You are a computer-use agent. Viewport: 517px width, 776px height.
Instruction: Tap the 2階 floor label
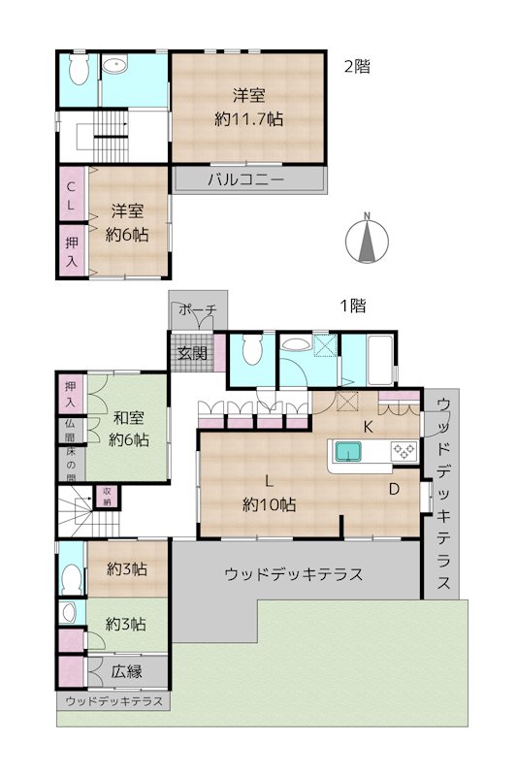point(357,67)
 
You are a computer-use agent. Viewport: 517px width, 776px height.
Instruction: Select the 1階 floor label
point(352,306)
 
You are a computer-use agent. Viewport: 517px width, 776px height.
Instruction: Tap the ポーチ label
point(197,312)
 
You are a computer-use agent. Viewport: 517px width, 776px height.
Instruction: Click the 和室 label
point(129,418)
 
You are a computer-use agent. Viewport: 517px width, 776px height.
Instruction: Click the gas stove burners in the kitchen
point(403,450)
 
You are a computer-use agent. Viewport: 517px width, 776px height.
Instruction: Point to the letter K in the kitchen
point(369,427)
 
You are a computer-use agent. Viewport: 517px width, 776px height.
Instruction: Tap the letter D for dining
point(394,489)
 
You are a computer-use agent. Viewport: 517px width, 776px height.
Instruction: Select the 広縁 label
point(126,671)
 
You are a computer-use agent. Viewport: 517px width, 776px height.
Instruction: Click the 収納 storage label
point(107,496)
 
